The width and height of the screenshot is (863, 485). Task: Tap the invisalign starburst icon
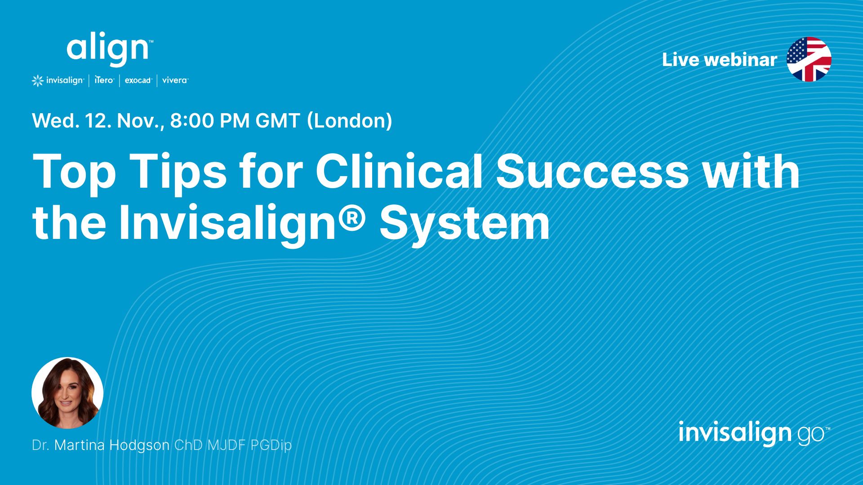tap(38, 81)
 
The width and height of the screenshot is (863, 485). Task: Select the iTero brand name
tap(104, 80)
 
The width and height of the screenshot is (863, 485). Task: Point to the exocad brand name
tap(138, 80)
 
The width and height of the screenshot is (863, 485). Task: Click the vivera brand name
tap(175, 80)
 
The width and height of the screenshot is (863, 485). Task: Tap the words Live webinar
tap(719, 60)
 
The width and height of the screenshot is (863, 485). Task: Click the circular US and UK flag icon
tap(809, 59)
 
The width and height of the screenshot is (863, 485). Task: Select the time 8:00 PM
tap(210, 121)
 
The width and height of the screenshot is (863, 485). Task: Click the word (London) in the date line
tap(350, 121)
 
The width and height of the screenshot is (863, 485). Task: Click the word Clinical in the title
tap(399, 172)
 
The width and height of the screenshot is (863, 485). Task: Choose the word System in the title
tap(465, 224)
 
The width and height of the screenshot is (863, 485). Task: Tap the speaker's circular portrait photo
tap(67, 393)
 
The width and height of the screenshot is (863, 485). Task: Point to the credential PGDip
tap(271, 445)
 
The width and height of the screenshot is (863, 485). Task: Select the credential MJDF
tap(227, 445)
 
